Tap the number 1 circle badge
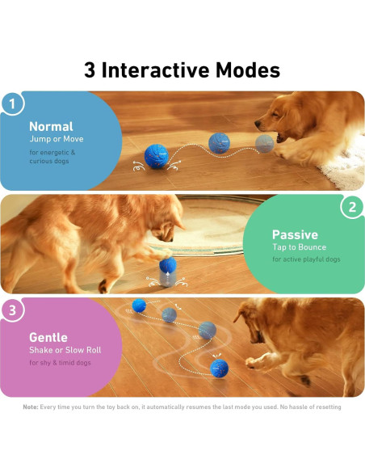(12, 103)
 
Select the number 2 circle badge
(352, 208)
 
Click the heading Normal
(51, 126)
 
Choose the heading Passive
(295, 234)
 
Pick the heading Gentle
(48, 337)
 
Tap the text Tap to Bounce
(299, 247)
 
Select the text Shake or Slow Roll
(65, 350)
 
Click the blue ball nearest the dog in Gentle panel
(219, 369)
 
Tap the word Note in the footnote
(30, 407)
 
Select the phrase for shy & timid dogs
(61, 362)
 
